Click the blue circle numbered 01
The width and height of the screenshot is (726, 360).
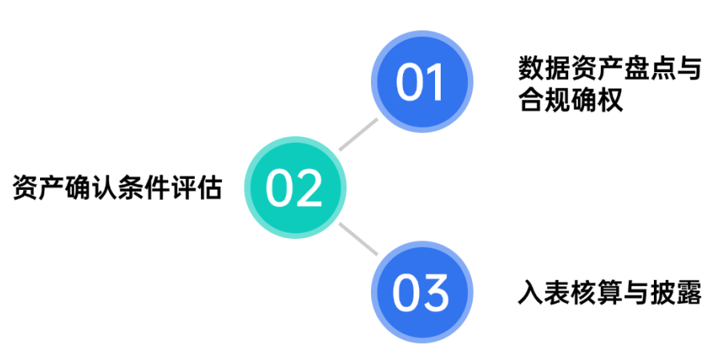pyautogui.click(x=421, y=81)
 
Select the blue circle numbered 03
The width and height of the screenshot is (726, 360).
pyautogui.click(x=421, y=293)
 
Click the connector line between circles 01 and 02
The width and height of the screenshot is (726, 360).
pyautogui.click(x=357, y=134)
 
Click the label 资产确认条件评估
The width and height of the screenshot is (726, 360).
pyautogui.click(x=117, y=189)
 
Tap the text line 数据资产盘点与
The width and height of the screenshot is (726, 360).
pyautogui.click(x=609, y=70)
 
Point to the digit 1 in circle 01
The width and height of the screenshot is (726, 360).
pyautogui.click(x=436, y=82)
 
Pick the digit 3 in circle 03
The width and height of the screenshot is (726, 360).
pyautogui.click(x=437, y=294)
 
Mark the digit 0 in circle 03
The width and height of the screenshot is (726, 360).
pyautogui.click(x=407, y=294)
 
